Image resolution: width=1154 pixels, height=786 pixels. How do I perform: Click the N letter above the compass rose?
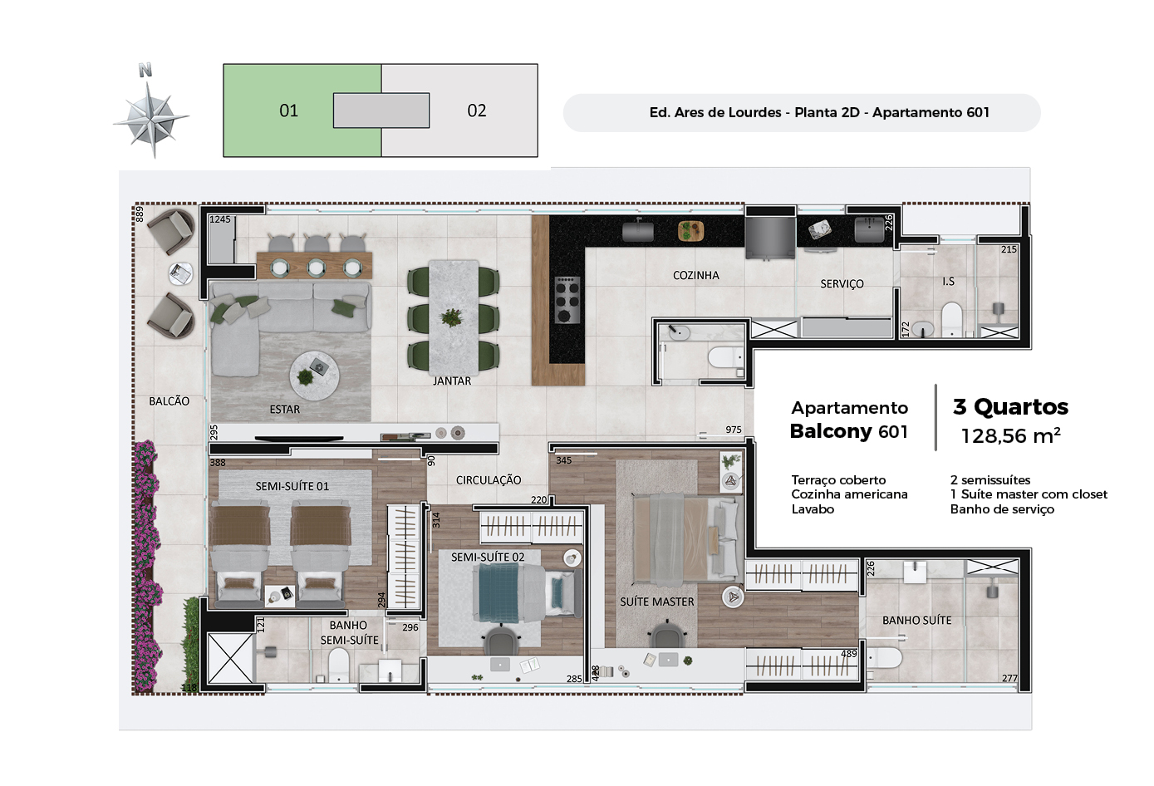[145, 70]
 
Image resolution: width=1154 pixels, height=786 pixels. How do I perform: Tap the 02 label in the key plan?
[477, 111]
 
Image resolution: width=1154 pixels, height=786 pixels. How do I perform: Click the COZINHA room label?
[696, 276]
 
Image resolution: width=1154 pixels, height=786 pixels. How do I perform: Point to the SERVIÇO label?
[842, 284]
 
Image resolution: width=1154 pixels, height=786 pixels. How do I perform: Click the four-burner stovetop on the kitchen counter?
[567, 299]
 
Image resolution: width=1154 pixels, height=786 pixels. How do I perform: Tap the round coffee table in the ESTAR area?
[314, 376]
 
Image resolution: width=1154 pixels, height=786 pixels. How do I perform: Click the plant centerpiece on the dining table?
[452, 317]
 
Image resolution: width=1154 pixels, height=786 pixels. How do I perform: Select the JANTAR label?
[452, 381]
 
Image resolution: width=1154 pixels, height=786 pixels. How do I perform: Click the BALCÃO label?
[169, 401]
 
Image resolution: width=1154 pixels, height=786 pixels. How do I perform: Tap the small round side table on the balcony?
[181, 273]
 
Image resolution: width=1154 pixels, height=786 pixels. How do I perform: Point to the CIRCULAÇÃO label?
[489, 480]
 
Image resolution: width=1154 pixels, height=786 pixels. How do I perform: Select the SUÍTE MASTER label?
[657, 602]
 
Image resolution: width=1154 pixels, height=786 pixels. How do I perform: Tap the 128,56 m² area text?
[1011, 436]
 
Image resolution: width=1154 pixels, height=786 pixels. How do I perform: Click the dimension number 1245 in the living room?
[220, 219]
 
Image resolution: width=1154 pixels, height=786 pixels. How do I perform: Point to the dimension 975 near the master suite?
[733, 430]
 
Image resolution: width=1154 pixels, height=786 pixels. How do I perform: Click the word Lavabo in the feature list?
[813, 509]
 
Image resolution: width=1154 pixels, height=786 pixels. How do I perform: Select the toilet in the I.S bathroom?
[951, 319]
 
